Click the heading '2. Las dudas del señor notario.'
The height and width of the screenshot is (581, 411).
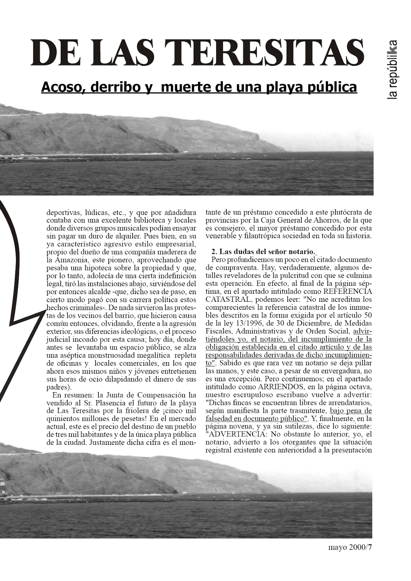(262, 252)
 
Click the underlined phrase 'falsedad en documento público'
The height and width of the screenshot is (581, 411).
(255, 418)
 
